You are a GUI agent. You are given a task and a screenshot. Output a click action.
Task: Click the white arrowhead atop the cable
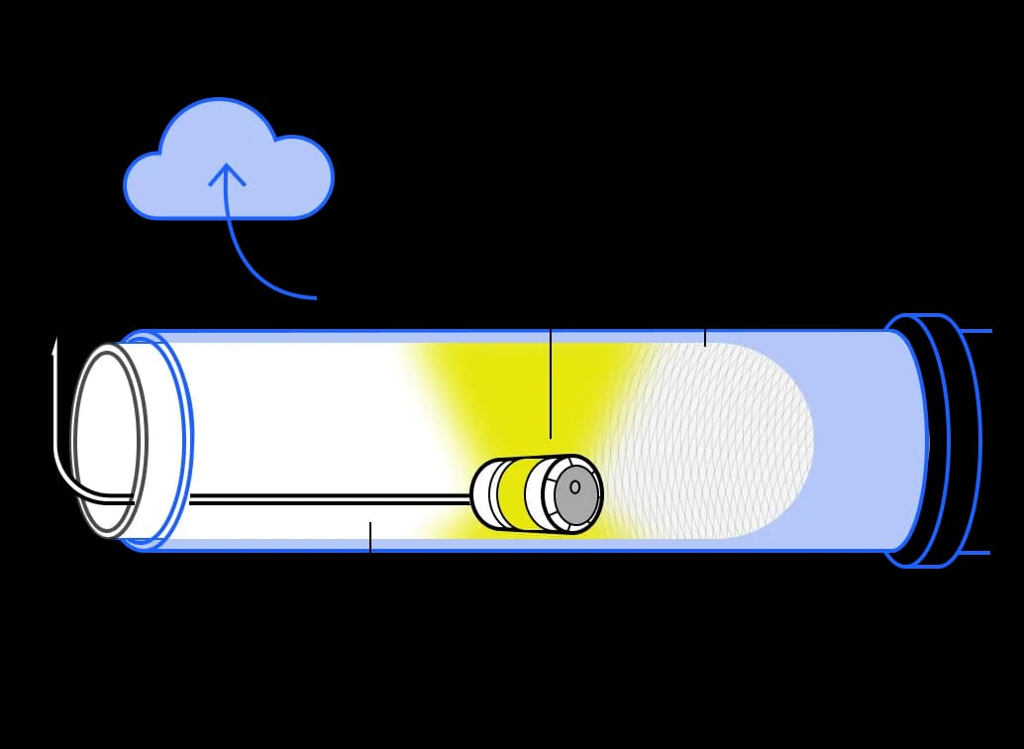(55, 346)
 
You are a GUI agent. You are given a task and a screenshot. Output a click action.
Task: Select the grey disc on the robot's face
(575, 494)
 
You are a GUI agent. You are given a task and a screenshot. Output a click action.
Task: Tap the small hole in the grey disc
(574, 486)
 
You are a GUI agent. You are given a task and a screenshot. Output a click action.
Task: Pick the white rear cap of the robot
(482, 492)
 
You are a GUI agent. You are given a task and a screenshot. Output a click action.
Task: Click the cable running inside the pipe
(327, 499)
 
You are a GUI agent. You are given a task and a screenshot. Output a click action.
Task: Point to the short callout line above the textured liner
(705, 337)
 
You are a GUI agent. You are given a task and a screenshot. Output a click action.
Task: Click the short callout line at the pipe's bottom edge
(370, 537)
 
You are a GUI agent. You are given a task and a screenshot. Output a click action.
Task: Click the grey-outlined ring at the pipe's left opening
(109, 441)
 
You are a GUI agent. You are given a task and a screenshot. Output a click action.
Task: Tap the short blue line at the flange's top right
(975, 330)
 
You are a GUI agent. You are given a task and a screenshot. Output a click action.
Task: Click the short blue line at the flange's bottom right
(975, 552)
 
